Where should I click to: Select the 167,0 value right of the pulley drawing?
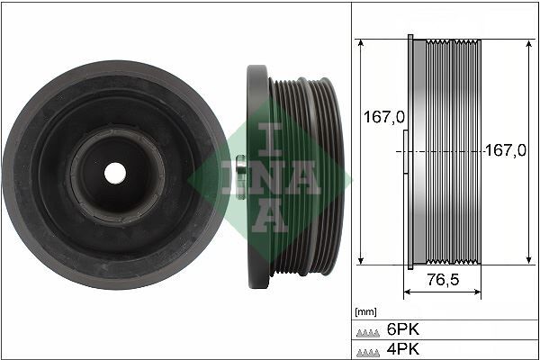click(x=506, y=151)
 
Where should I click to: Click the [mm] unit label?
click(x=365, y=312)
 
